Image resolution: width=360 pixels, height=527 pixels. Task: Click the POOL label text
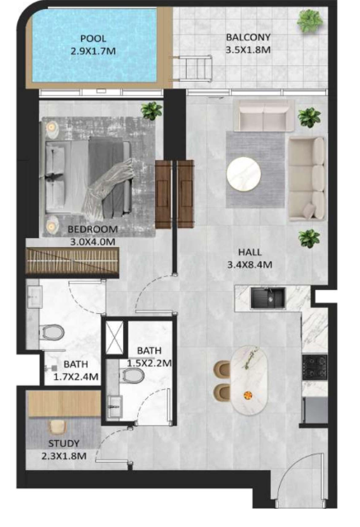coord(93,39)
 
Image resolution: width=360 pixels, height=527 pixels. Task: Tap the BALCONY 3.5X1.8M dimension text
coord(248,50)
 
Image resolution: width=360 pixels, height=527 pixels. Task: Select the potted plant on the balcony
coord(310,21)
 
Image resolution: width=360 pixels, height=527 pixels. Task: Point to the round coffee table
coord(244,173)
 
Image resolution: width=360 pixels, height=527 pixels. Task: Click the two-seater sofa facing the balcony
coord(263,116)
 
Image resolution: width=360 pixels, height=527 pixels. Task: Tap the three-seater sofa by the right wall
coord(307,178)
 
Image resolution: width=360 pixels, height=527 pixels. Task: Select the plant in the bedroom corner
coord(152,111)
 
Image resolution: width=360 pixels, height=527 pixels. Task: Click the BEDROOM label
coord(92,229)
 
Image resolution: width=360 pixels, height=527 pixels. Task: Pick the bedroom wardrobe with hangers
coord(72,261)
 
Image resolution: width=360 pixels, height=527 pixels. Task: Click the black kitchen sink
coord(268,297)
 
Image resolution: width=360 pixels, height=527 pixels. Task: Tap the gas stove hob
coord(315,367)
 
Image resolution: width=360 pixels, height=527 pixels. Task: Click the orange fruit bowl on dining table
coord(249,395)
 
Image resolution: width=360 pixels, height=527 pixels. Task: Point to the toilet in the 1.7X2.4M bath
coord(52,332)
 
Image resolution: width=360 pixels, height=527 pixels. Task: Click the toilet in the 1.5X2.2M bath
coord(132,375)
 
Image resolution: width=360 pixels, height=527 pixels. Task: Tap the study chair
coord(58,427)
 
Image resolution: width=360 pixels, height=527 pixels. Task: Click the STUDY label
coord(64,444)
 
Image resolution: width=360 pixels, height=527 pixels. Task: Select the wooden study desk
coord(64,404)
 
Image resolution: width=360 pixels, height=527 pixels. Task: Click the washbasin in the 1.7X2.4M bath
coord(35,297)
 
